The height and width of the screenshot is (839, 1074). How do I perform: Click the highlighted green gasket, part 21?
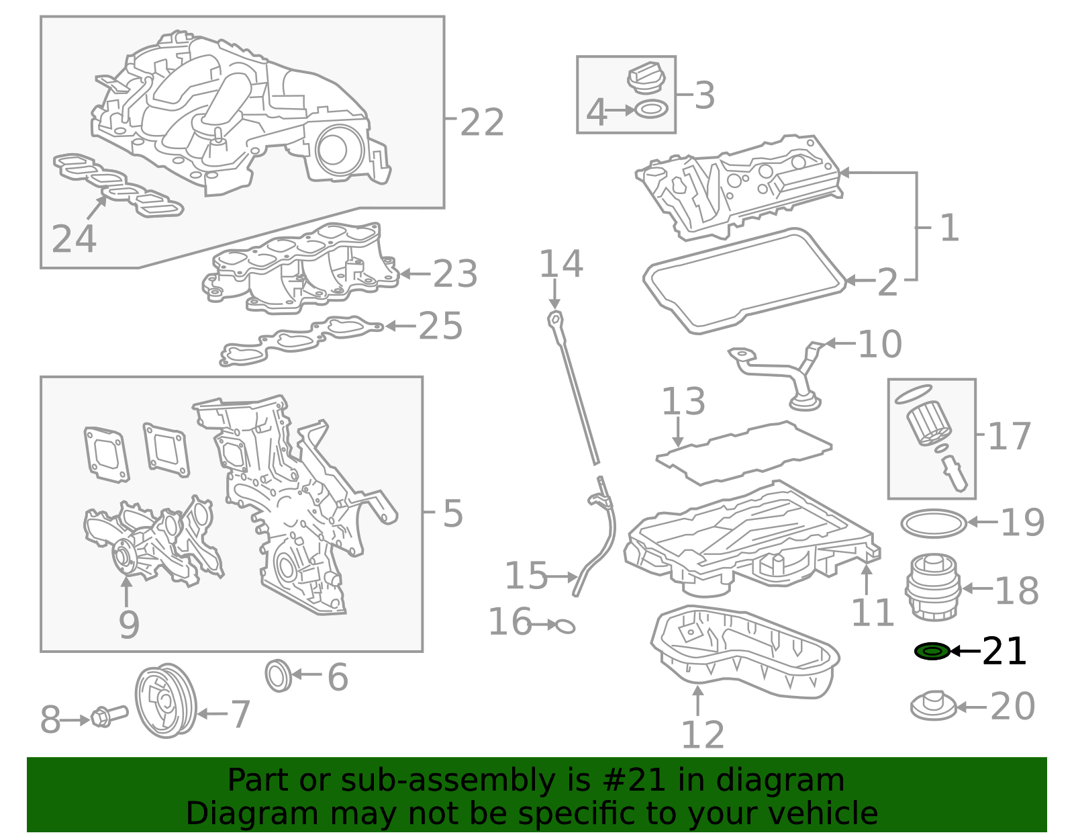point(932,651)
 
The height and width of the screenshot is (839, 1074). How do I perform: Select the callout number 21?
point(1004,652)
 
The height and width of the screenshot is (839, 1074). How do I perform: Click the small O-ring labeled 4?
point(651,109)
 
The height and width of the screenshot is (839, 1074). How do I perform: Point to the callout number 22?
point(481,122)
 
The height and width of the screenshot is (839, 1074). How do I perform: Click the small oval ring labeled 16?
point(565,627)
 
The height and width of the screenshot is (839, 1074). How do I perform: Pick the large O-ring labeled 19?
point(933,523)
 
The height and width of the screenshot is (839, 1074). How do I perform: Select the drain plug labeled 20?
point(933,707)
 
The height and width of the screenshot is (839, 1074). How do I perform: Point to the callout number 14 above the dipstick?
point(561,264)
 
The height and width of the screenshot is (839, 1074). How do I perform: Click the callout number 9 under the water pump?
point(128,625)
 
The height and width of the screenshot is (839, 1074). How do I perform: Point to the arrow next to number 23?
point(414,274)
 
